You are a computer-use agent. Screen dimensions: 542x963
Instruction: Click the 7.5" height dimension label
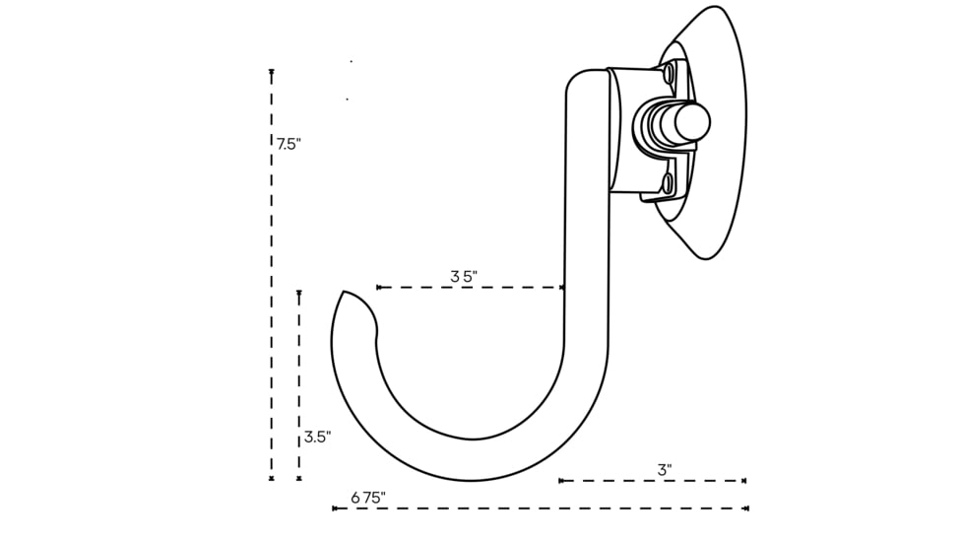coord(289,144)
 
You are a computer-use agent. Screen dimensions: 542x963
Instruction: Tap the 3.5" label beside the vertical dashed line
coord(317,437)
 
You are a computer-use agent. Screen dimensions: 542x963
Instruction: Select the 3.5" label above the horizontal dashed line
coord(464,277)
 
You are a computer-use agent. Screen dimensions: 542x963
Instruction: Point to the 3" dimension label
coord(665,470)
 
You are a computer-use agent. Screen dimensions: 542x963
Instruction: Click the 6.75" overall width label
coord(368,498)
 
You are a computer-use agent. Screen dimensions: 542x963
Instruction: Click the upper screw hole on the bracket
coord(669,73)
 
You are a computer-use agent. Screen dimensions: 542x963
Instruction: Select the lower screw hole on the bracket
coord(668,183)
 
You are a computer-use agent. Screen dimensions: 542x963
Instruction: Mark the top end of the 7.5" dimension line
coord(272,72)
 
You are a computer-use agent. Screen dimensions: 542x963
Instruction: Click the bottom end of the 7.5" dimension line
coord(272,479)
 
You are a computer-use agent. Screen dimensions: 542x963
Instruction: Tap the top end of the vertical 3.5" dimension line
coord(299,293)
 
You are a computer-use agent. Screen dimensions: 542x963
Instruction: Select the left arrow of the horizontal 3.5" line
coord(379,288)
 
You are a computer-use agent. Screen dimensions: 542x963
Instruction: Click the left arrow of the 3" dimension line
coord(561,481)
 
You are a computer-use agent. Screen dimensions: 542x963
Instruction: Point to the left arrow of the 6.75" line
coord(335,508)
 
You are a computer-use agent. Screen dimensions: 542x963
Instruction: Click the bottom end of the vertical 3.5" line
coord(299,479)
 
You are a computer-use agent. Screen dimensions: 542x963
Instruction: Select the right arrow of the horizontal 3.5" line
coord(561,288)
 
